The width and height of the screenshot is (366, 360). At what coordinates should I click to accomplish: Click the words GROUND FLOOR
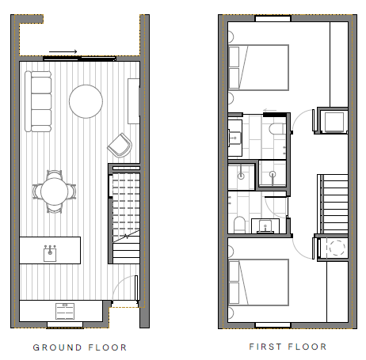pos(79,347)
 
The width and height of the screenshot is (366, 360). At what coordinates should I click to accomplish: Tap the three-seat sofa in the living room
pos(37,101)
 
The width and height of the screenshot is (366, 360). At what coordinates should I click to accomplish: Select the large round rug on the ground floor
pos(86,100)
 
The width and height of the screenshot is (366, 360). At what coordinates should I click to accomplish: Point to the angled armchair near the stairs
pos(120,144)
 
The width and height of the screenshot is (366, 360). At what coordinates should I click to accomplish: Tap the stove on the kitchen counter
pos(64,309)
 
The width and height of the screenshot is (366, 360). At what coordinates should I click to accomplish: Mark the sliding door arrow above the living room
pos(68,53)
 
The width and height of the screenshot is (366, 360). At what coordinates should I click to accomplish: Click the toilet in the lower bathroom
pos(238,224)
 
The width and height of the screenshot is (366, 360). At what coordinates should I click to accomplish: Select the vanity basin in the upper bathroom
pos(235,139)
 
